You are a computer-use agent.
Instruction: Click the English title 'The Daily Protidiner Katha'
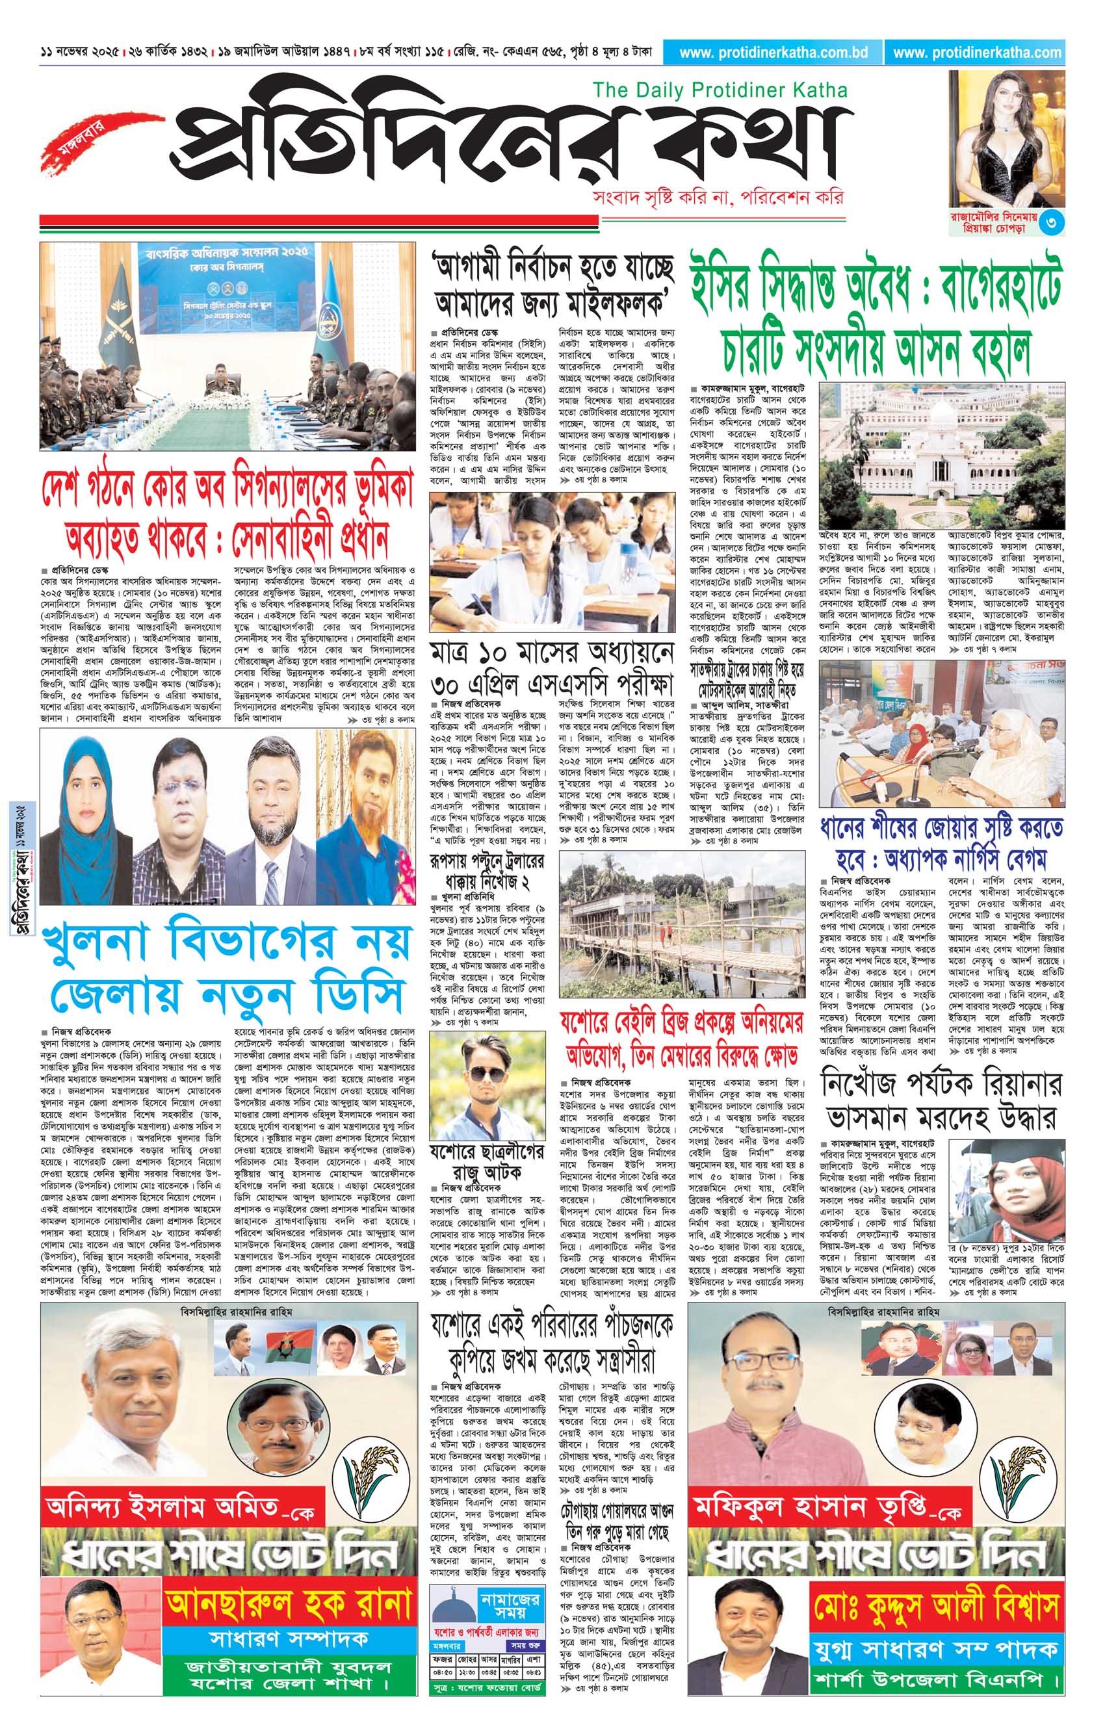pyautogui.click(x=720, y=90)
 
